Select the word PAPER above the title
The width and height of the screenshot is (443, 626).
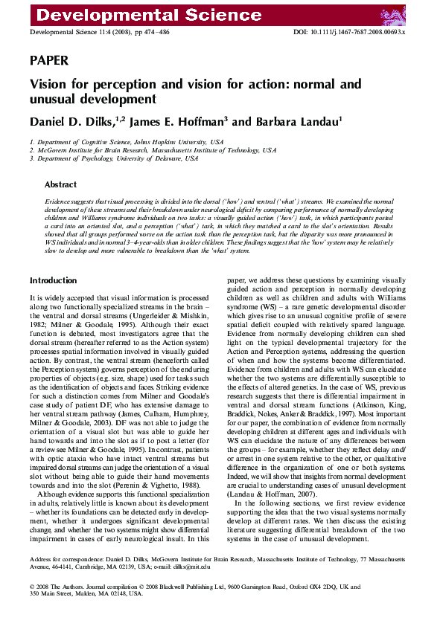[49, 60]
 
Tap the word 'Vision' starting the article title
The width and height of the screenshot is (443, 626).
[49, 85]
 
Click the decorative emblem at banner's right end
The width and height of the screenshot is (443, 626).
[417, 13]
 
